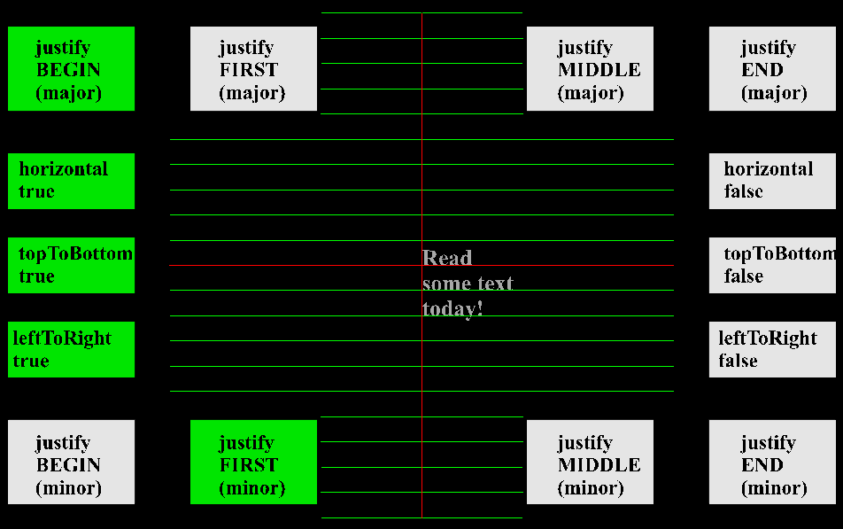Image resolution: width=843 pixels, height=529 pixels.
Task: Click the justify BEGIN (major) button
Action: [x=71, y=69]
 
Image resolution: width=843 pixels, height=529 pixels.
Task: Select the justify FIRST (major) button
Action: [x=253, y=69]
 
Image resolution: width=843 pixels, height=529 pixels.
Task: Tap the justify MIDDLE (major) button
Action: [x=590, y=69]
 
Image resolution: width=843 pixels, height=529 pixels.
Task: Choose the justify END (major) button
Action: [x=772, y=69]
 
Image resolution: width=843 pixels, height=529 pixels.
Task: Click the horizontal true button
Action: [x=71, y=181]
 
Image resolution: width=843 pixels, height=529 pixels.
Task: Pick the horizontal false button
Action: [x=772, y=181]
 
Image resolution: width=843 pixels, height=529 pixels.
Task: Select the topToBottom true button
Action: [x=71, y=265]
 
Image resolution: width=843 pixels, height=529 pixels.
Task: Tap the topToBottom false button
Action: [x=772, y=265]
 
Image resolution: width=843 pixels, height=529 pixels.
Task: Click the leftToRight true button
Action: [x=71, y=349]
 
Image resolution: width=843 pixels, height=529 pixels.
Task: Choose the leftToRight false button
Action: [x=772, y=349]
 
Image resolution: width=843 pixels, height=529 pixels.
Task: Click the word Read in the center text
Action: [x=447, y=259]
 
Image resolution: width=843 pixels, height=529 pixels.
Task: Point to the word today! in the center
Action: [x=452, y=309]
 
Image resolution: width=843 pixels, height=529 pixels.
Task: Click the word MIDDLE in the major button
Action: [x=599, y=70]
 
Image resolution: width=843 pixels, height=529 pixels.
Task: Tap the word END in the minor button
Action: [x=762, y=465]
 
